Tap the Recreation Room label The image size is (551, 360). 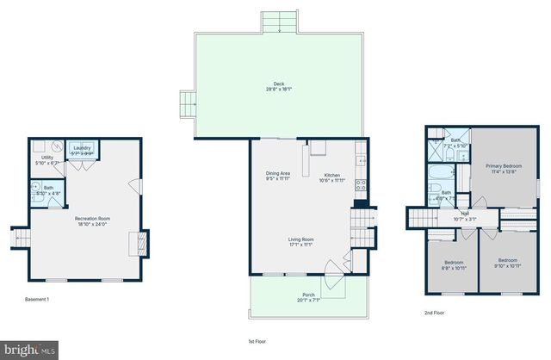[x=93, y=218]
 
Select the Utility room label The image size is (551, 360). [x=47, y=158]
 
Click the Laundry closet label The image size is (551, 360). [x=83, y=148]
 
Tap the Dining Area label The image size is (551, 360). [x=277, y=173]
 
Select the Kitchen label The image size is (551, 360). [x=332, y=175]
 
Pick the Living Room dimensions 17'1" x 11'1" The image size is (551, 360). [x=300, y=245]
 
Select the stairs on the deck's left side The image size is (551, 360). [x=186, y=102]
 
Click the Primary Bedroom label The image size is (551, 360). [x=504, y=165]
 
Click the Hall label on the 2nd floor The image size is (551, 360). [x=464, y=213]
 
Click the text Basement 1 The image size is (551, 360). [x=37, y=298]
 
